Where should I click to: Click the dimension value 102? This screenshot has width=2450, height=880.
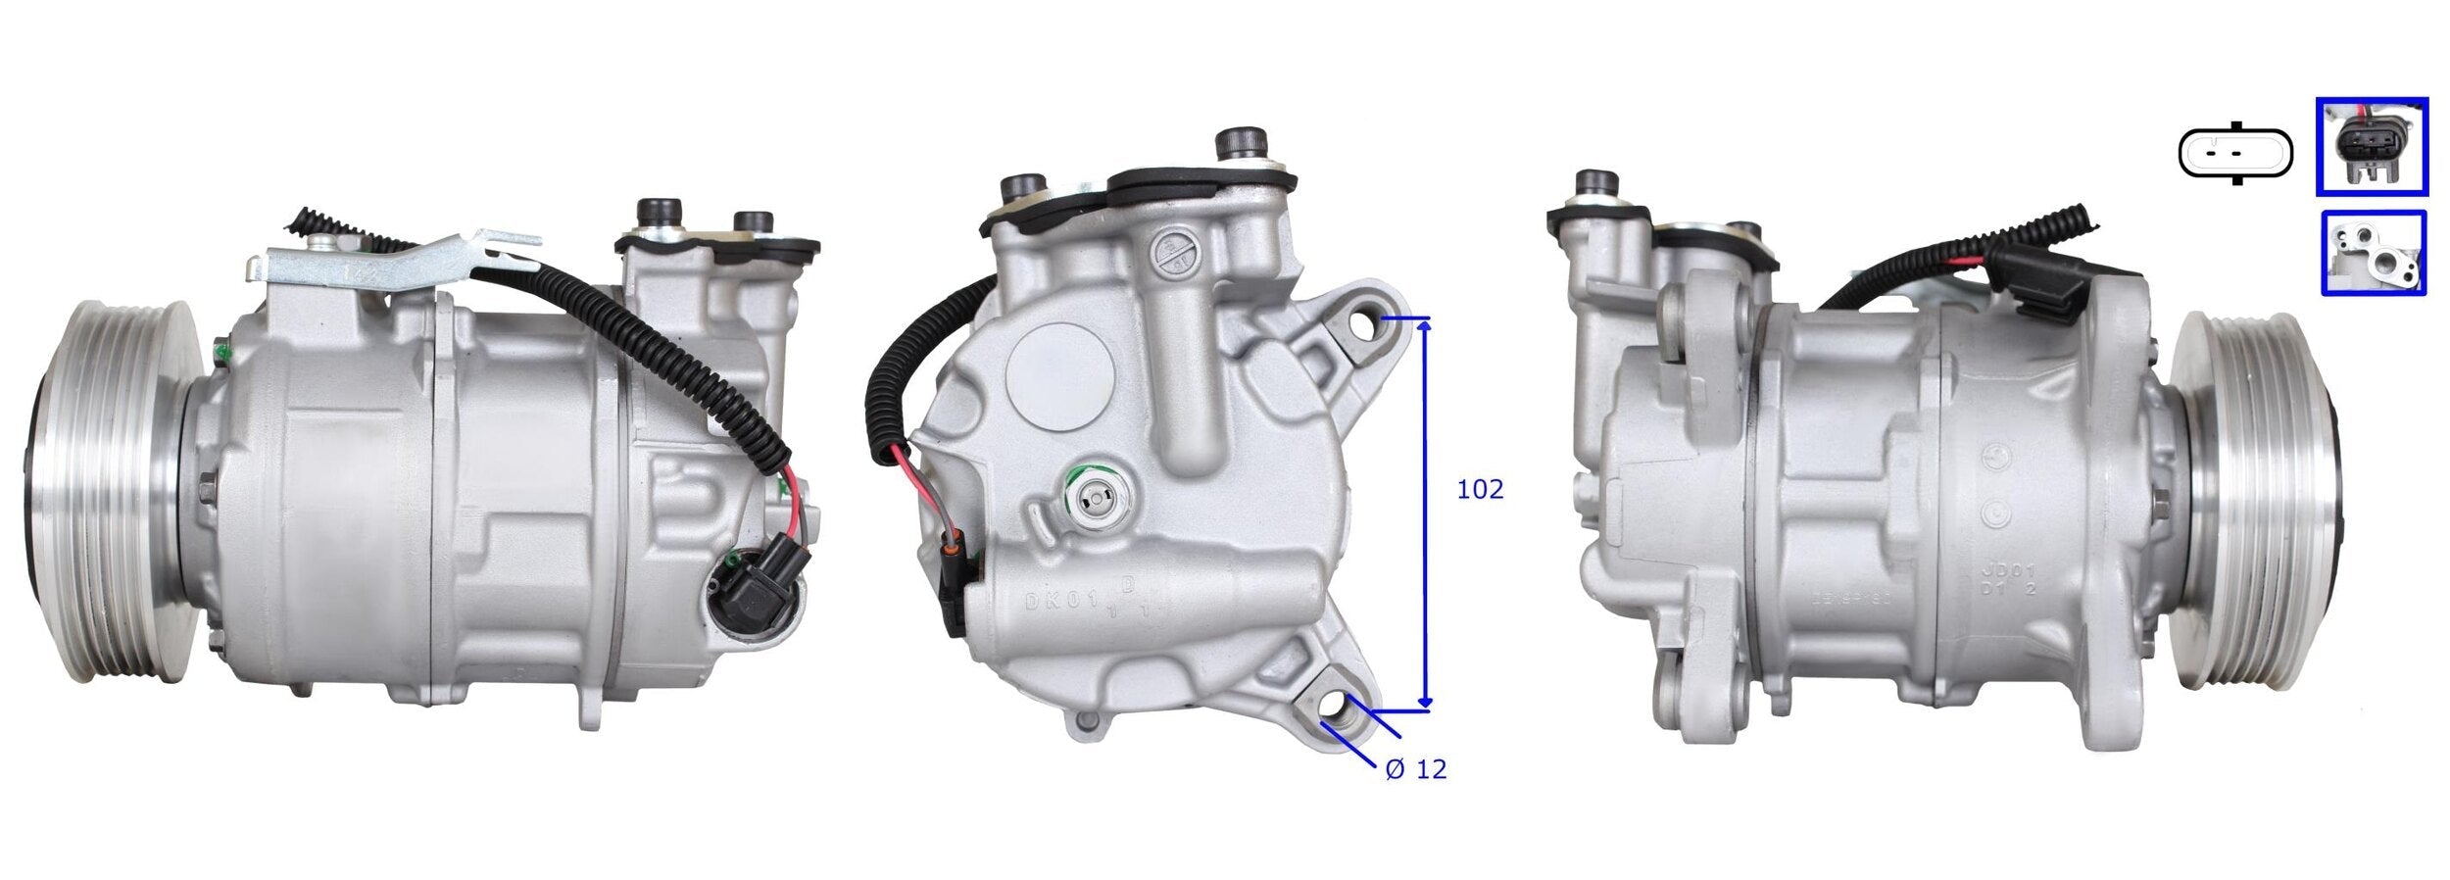[x=1479, y=489]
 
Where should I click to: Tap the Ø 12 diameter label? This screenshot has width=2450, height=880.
[x=1416, y=769]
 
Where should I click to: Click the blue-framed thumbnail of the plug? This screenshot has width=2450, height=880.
[x=2371, y=146]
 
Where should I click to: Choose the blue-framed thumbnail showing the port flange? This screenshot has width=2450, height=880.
[x=2373, y=253]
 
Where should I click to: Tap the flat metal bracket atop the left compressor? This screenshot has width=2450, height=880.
[x=392, y=261]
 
